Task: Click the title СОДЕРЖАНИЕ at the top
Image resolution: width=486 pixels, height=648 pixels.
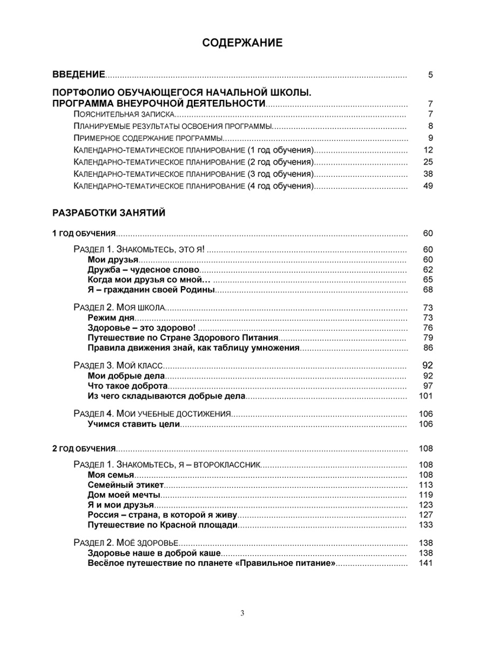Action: coord(242,44)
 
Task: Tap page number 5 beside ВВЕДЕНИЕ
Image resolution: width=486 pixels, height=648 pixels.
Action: coord(430,75)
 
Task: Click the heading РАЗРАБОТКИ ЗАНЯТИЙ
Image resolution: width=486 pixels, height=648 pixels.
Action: coord(109,213)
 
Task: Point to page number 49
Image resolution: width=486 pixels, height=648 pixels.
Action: coord(428,186)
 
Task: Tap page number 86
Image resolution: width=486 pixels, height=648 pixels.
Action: coord(428,347)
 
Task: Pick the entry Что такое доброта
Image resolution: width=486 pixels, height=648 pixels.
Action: coord(127,386)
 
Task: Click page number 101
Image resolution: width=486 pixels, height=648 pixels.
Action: coord(426,396)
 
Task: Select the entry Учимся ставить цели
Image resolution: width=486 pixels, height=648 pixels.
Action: coord(133,424)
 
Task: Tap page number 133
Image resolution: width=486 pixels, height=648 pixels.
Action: coord(426,525)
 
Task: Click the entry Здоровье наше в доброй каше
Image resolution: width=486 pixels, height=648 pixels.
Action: coord(154,553)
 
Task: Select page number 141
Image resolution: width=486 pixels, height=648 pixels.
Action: coord(426,564)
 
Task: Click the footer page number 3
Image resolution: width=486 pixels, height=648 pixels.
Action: coord(242,612)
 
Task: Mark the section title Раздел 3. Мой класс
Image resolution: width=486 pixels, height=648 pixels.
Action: coord(117,366)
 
